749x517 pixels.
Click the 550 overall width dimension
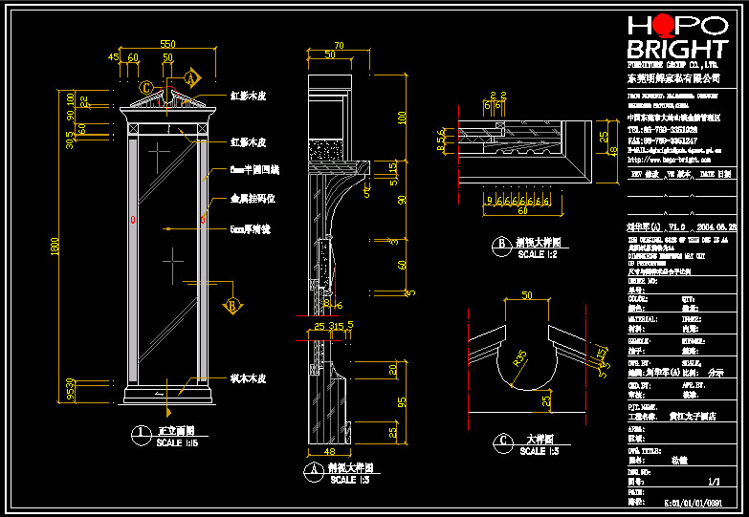[167, 44]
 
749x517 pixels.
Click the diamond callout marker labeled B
[231, 306]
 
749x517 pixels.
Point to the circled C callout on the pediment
[145, 88]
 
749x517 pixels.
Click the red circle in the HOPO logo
[668, 26]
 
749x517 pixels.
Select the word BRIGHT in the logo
[676, 49]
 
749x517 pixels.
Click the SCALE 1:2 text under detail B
[537, 256]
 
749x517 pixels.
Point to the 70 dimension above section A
[339, 44]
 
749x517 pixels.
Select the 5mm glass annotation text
[249, 229]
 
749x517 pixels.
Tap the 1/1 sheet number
[714, 483]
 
